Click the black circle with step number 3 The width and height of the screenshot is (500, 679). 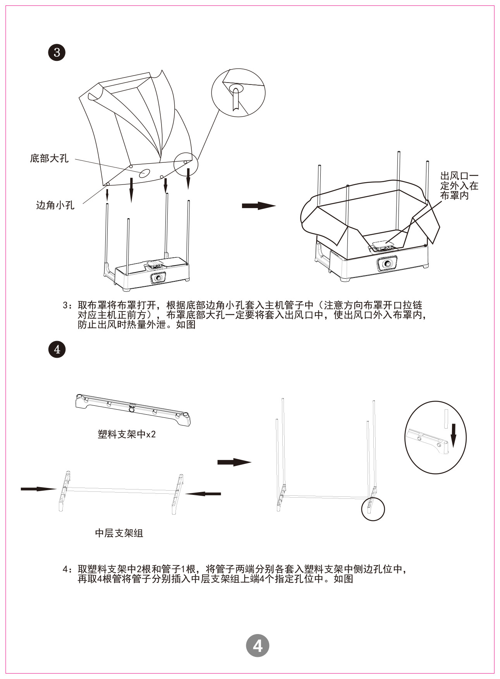pos(57,52)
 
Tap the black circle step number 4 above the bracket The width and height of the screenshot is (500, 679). pos(57,349)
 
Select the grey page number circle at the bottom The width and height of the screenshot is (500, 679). pos(257,646)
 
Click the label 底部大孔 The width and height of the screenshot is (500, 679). pos(49,159)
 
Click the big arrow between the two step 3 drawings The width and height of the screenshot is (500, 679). pos(258,205)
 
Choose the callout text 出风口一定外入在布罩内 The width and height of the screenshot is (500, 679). pos(459,186)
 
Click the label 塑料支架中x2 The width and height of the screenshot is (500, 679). pos(127,434)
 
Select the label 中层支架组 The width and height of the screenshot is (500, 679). pos(119,533)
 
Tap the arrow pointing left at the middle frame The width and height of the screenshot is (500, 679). pos(203,494)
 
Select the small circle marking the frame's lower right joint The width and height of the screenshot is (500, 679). pos(373,509)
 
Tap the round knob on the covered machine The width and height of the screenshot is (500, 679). pos(387,264)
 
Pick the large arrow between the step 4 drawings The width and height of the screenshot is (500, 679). pos(234,462)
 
